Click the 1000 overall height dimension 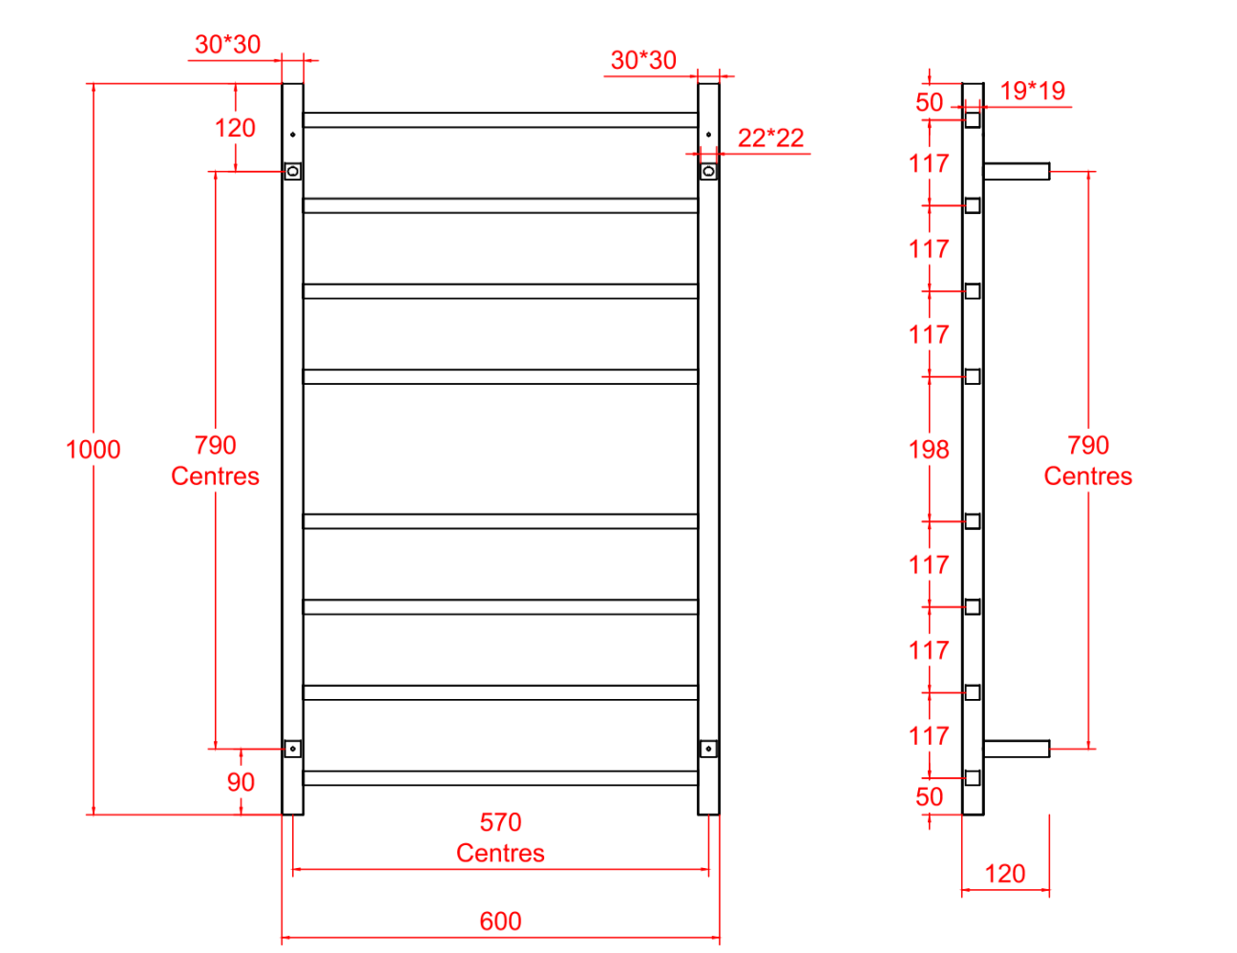[x=93, y=449]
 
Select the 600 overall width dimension [x=500, y=921]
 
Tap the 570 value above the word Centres [x=500, y=822]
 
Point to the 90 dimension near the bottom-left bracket [x=241, y=782]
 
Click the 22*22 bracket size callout [x=770, y=138]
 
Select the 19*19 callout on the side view [x=1032, y=91]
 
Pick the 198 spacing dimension [x=929, y=449]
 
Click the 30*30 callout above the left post [x=227, y=45]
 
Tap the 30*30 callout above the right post [x=643, y=60]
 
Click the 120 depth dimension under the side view [x=1004, y=873]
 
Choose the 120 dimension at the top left [x=235, y=128]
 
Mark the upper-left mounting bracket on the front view [x=293, y=171]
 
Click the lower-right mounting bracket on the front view [x=708, y=749]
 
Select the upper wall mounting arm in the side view [x=1017, y=172]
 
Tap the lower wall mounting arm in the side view [x=1017, y=749]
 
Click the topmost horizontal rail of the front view [x=500, y=120]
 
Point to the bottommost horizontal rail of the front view [x=500, y=778]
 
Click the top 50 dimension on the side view [x=929, y=102]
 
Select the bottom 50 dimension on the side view [x=929, y=796]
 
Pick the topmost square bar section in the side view [x=973, y=119]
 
